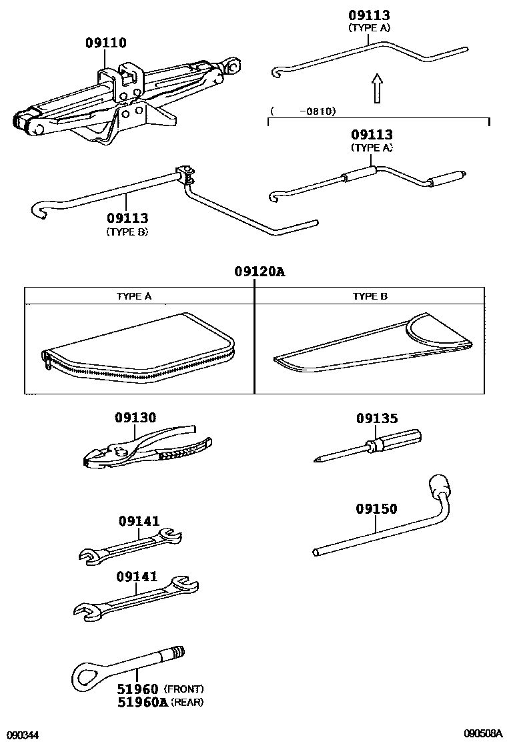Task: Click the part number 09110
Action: [106, 43]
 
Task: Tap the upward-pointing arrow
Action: [377, 87]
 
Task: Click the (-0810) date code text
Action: [304, 111]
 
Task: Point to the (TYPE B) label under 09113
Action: [127, 232]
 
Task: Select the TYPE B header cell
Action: [370, 296]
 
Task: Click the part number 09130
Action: [135, 418]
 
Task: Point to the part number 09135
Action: [377, 418]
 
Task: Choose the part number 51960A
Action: [142, 702]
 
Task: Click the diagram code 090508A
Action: [483, 733]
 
